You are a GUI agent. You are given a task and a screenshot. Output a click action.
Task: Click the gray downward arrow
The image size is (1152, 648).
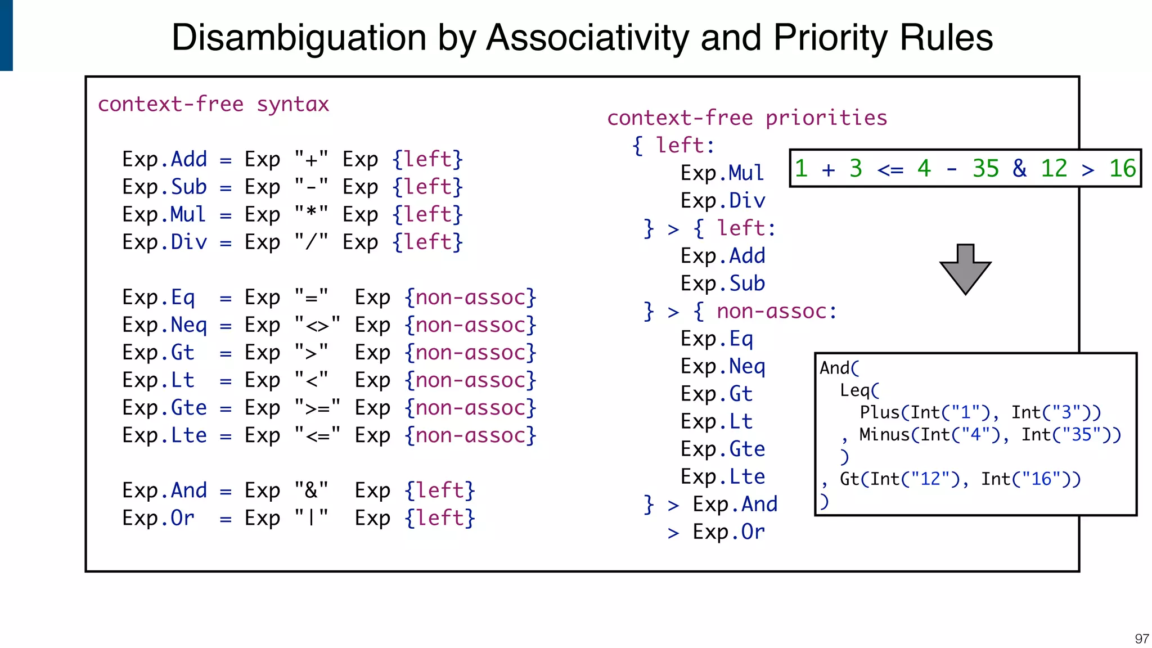pyautogui.click(x=965, y=269)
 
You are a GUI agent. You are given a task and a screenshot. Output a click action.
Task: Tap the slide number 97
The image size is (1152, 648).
pyautogui.click(x=1141, y=639)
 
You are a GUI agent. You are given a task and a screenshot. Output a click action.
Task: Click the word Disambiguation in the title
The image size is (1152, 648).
pyautogui.click(x=299, y=38)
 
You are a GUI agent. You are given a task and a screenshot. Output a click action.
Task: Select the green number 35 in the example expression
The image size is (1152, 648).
pyautogui.click(x=985, y=168)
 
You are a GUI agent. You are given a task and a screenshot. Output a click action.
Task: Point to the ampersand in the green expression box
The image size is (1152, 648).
pyautogui.click(x=1019, y=168)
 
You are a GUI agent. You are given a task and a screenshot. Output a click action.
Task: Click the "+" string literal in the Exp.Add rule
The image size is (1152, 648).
pyautogui.click(x=311, y=159)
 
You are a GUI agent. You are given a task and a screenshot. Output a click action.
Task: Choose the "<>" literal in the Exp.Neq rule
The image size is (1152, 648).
pyautogui.click(x=317, y=325)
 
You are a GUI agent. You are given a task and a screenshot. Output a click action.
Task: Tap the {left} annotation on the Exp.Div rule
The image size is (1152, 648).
pyautogui.click(x=427, y=242)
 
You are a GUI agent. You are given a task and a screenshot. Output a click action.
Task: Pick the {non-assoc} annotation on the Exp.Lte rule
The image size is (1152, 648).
pyautogui.click(x=470, y=435)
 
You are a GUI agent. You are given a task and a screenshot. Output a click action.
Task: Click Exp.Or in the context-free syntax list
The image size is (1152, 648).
pyautogui.click(x=158, y=518)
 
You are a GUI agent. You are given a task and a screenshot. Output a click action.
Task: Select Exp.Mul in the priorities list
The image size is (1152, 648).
pyautogui.click(x=722, y=173)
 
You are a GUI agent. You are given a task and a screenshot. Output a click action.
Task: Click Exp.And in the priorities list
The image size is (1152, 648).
pyautogui.click(x=735, y=504)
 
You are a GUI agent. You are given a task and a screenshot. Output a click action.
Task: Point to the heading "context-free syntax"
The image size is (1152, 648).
pyautogui.click(x=213, y=104)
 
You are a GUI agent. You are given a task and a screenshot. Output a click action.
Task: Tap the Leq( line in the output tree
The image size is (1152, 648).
pyautogui.click(x=859, y=390)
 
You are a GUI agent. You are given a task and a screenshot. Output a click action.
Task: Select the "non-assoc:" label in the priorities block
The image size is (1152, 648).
pyautogui.click(x=776, y=311)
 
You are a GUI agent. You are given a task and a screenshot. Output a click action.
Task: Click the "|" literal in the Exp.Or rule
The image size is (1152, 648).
pyautogui.click(x=311, y=518)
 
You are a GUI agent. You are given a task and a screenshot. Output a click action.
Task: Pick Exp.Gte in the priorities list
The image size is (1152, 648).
pyautogui.click(x=722, y=449)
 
